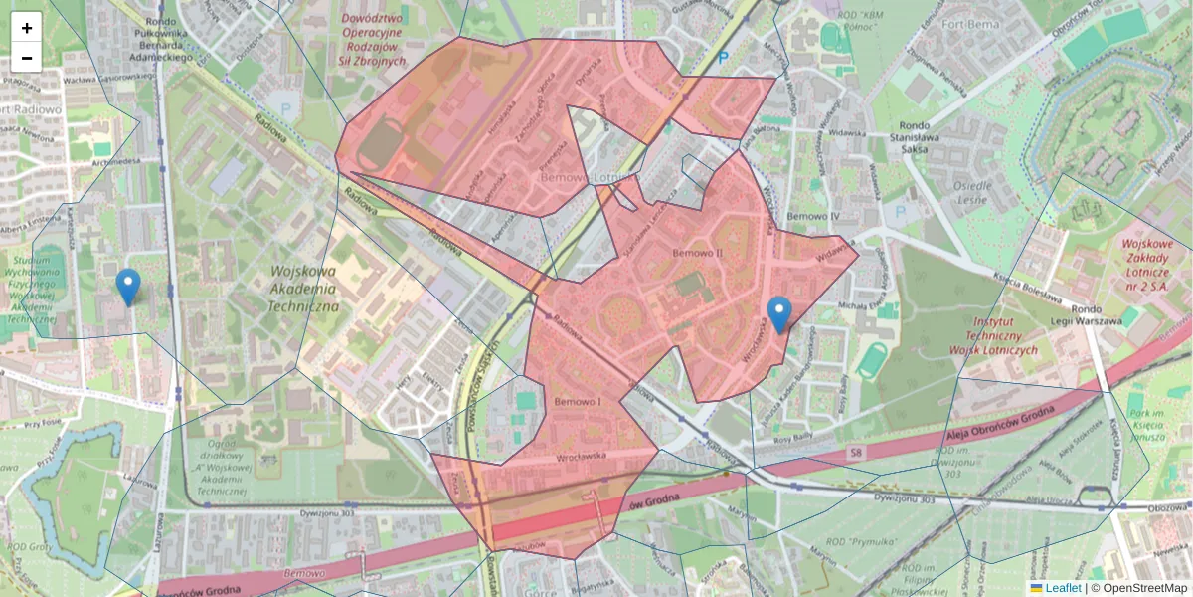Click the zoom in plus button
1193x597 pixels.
pyautogui.click(x=27, y=28)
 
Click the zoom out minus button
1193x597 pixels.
pyautogui.click(x=27, y=58)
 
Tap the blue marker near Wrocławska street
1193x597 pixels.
pyautogui.click(x=780, y=313)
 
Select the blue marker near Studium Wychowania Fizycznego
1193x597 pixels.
pyautogui.click(x=128, y=287)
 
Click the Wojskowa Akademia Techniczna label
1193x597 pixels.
pyautogui.click(x=304, y=288)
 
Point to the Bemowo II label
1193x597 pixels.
pyautogui.click(x=697, y=254)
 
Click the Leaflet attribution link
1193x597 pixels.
pyautogui.click(x=1063, y=588)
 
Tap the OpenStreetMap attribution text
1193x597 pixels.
pyautogui.click(x=1144, y=588)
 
